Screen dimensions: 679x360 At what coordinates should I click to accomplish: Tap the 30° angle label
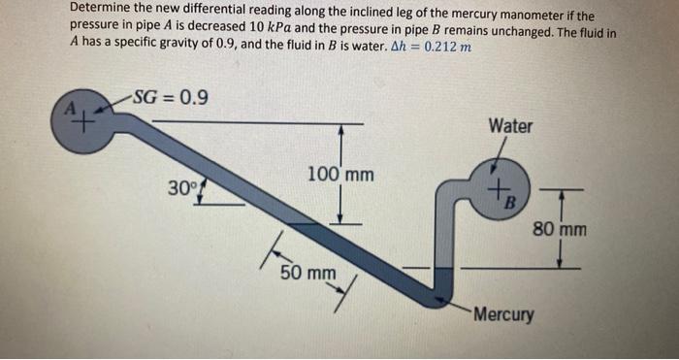179,186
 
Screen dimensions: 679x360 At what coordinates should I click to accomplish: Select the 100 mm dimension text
339,175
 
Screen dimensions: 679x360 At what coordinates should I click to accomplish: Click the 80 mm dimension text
560,230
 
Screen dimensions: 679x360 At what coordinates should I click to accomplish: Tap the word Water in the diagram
510,126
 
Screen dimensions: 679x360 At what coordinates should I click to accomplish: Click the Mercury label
504,314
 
